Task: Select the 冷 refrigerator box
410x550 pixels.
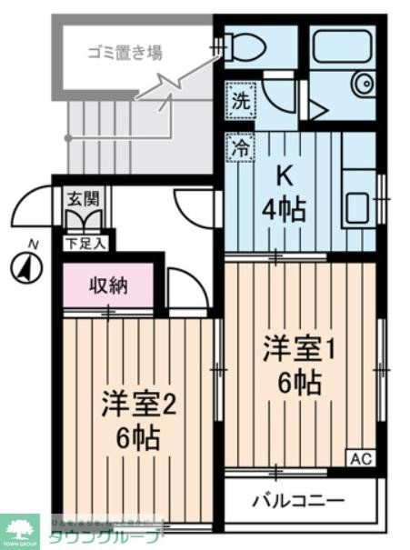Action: [239, 145]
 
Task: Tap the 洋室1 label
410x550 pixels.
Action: [299, 350]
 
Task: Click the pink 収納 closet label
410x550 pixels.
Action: [107, 285]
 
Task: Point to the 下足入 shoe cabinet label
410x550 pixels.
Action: [85, 243]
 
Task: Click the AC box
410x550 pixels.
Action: [360, 459]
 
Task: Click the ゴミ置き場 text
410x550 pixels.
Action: [125, 52]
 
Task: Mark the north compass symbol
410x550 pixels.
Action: [28, 267]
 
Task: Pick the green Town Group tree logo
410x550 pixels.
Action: [21, 529]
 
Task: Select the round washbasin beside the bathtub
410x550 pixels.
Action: [363, 83]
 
